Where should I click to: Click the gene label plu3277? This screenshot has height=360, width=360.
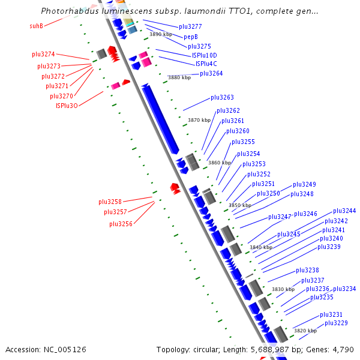pos(190,27)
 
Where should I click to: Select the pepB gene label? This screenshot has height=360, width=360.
pos(191,37)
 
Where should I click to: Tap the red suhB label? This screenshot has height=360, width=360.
pos(36,26)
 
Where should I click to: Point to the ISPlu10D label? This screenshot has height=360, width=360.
pos(205,55)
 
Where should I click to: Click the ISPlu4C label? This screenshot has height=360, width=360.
pos(206,64)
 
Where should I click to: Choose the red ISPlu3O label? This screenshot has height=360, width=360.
pos(67,106)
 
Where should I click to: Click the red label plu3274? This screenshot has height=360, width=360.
pos(43,54)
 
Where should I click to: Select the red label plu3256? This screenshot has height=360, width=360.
pos(121,224)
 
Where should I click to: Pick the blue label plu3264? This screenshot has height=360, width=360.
pos(211,73)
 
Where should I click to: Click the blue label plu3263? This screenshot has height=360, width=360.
pos(222,97)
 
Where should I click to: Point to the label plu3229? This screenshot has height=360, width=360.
pos(336,323)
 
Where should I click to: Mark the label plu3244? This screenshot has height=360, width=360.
pos(344,211)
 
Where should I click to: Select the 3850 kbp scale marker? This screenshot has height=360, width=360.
pos(240,205)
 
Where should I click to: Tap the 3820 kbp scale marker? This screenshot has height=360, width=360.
pos(305,331)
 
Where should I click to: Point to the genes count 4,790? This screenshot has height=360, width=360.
pos(343,349)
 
